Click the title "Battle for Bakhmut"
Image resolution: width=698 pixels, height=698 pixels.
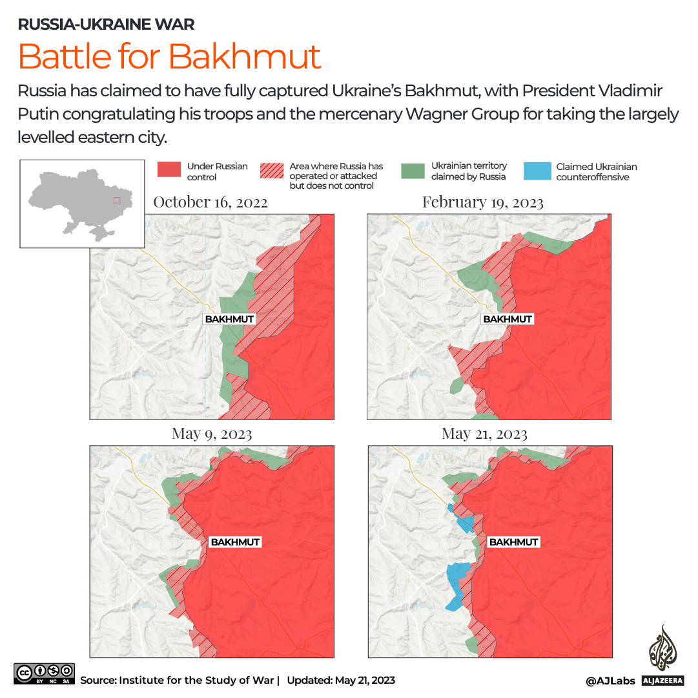tap(169, 56)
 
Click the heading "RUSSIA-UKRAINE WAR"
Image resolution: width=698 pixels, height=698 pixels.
tap(106, 25)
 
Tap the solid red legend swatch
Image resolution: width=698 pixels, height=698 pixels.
tap(169, 169)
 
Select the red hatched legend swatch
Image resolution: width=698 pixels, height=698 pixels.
tap(272, 170)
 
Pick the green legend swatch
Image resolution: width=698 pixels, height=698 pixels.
tap(412, 170)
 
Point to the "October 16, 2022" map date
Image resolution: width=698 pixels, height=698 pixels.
tap(210, 202)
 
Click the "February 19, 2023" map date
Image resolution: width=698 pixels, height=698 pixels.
tap(482, 202)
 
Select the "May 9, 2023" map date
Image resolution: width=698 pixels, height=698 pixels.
tap(212, 433)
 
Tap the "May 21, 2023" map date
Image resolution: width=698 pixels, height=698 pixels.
tap(484, 433)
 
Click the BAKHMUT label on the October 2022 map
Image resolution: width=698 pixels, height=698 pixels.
tap(229, 319)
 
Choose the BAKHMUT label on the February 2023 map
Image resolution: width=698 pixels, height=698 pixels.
tap(508, 319)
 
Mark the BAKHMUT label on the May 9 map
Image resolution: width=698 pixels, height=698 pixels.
tap(235, 542)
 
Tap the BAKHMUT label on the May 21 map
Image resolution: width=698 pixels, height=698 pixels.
tap(513, 542)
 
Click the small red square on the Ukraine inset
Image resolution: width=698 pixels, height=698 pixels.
tap(117, 200)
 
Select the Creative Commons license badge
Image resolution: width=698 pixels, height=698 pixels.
tap(44, 673)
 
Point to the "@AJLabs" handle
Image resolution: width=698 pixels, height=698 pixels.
tap(610, 681)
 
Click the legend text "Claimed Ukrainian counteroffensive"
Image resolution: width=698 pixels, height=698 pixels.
tap(588, 172)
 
